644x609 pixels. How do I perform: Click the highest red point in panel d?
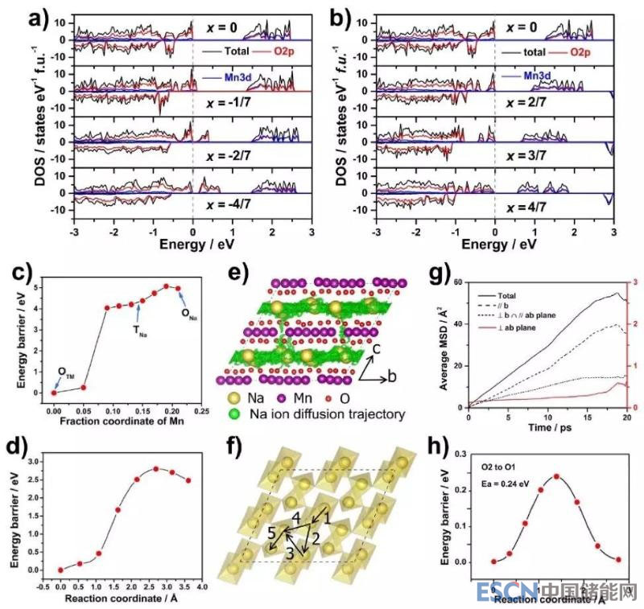coord(155,469)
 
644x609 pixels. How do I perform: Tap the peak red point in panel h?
coord(556,476)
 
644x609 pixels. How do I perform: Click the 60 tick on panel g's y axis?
coord(456,282)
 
